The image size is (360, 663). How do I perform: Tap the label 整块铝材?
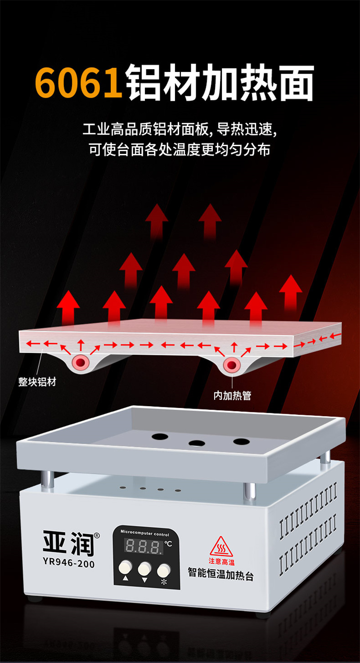[37, 382]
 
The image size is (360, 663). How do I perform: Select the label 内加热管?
[232, 395]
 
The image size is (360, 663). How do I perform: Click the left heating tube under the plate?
[81, 362]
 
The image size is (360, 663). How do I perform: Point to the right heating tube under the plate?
[232, 365]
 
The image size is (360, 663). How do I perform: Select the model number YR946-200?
[69, 563]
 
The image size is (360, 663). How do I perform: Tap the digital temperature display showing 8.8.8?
[144, 545]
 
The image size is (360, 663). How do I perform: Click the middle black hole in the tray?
[197, 443]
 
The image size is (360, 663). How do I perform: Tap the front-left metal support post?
[47, 477]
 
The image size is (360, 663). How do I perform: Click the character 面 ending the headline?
[297, 84]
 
